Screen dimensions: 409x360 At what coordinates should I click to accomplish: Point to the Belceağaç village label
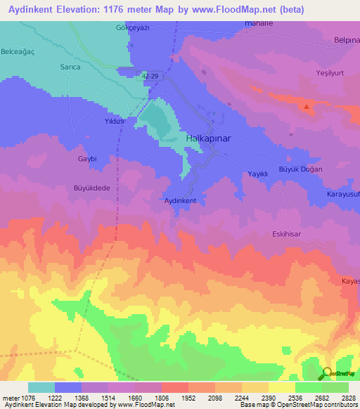pyautogui.click(x=21, y=51)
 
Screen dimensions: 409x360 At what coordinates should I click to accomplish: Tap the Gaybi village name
pyautogui.click(x=86, y=159)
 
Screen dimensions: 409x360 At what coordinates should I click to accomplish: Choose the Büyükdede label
pyautogui.click(x=92, y=188)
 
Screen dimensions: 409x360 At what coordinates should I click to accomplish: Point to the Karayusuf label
pyautogui.click(x=342, y=193)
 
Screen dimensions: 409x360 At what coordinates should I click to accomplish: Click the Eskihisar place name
pyautogui.click(x=287, y=234)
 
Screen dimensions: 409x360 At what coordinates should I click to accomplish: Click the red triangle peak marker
pyautogui.click(x=307, y=108)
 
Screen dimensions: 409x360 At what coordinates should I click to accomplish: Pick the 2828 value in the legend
pyautogui.click(x=349, y=398)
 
